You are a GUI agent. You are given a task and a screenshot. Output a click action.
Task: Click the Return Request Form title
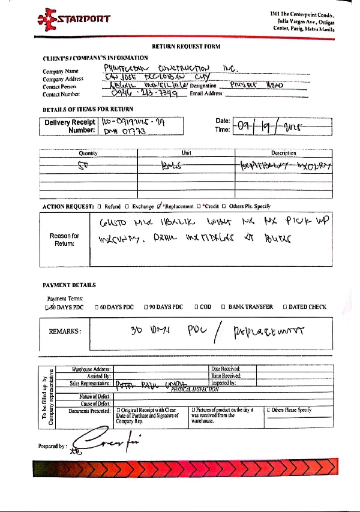(x=186, y=46)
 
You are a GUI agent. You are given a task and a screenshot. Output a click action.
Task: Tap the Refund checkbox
(x=99, y=206)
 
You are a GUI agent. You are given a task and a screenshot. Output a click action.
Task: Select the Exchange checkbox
(x=127, y=206)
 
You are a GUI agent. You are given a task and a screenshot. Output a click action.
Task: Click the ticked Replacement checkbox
(x=160, y=206)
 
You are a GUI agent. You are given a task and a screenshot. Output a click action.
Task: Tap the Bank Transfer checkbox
(x=223, y=307)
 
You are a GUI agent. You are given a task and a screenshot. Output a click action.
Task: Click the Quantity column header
(x=88, y=153)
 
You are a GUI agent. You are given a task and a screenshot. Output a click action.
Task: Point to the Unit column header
(x=186, y=153)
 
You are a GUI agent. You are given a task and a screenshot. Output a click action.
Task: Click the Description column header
(x=284, y=153)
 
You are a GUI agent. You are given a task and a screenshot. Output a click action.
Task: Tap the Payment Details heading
(x=70, y=285)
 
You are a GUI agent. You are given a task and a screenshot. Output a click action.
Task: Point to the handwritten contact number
(x=141, y=94)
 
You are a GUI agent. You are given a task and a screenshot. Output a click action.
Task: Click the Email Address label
(x=206, y=94)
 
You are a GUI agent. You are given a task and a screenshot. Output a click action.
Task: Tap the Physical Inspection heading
(x=194, y=389)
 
